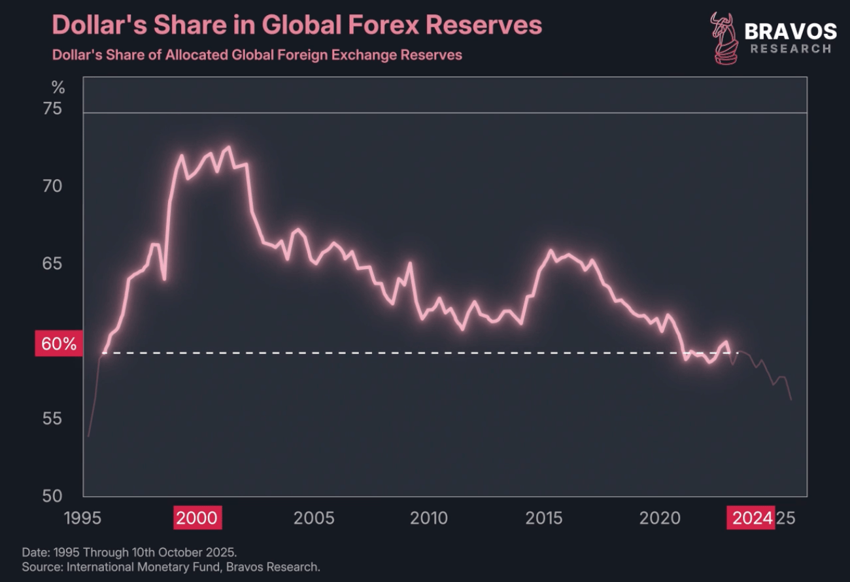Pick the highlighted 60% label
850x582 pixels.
pyautogui.click(x=59, y=344)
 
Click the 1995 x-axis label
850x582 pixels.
pyautogui.click(x=84, y=519)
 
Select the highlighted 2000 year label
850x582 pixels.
pyautogui.click(x=197, y=519)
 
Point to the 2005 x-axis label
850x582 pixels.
pyautogui.click(x=314, y=519)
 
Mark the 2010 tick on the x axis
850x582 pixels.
pyautogui.click(x=429, y=519)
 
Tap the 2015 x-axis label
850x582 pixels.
pyautogui.click(x=545, y=519)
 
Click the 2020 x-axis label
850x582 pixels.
pyautogui.click(x=660, y=519)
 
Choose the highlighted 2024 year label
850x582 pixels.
pyautogui.click(x=751, y=519)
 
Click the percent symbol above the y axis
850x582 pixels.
pyautogui.click(x=58, y=88)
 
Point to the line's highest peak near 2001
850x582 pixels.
pyautogui.click(x=228, y=147)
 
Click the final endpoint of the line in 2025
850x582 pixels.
pyautogui.click(x=791, y=400)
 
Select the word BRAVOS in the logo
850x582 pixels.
pyautogui.click(x=790, y=31)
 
